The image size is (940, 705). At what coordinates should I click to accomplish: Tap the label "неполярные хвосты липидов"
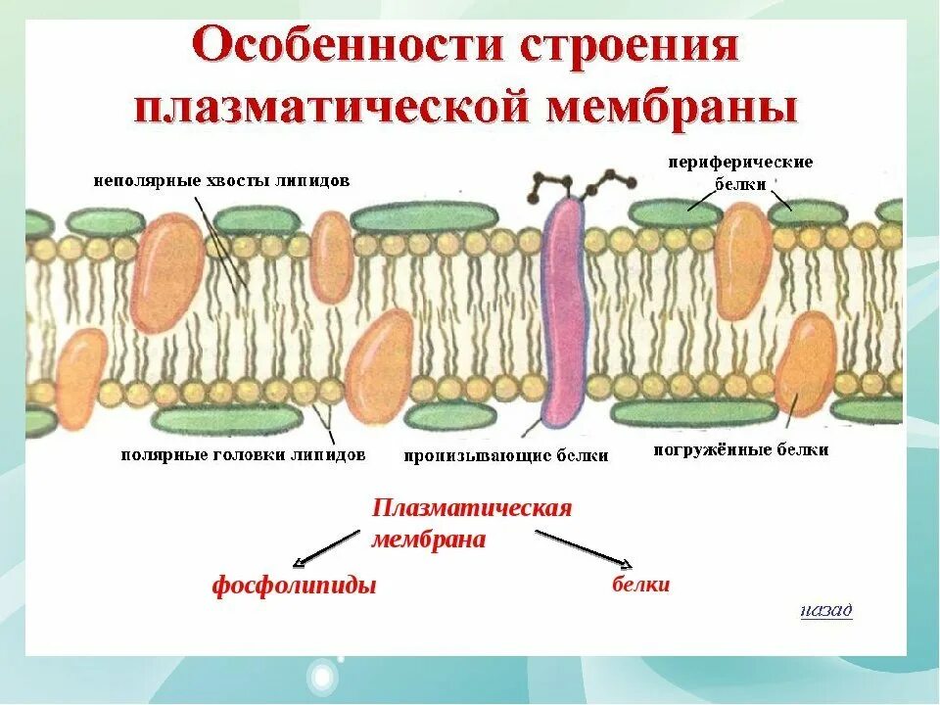(221, 181)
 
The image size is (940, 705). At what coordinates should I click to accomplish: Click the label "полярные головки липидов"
(243, 455)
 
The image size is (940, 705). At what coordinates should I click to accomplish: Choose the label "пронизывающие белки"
(506, 455)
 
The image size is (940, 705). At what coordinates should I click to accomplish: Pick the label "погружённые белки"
(741, 450)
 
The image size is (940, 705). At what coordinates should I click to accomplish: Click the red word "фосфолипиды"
(294, 587)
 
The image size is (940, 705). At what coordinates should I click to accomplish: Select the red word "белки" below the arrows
(641, 585)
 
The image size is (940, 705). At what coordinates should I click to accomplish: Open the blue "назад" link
(825, 611)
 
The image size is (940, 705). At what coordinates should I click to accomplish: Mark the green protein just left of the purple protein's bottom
(453, 417)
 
